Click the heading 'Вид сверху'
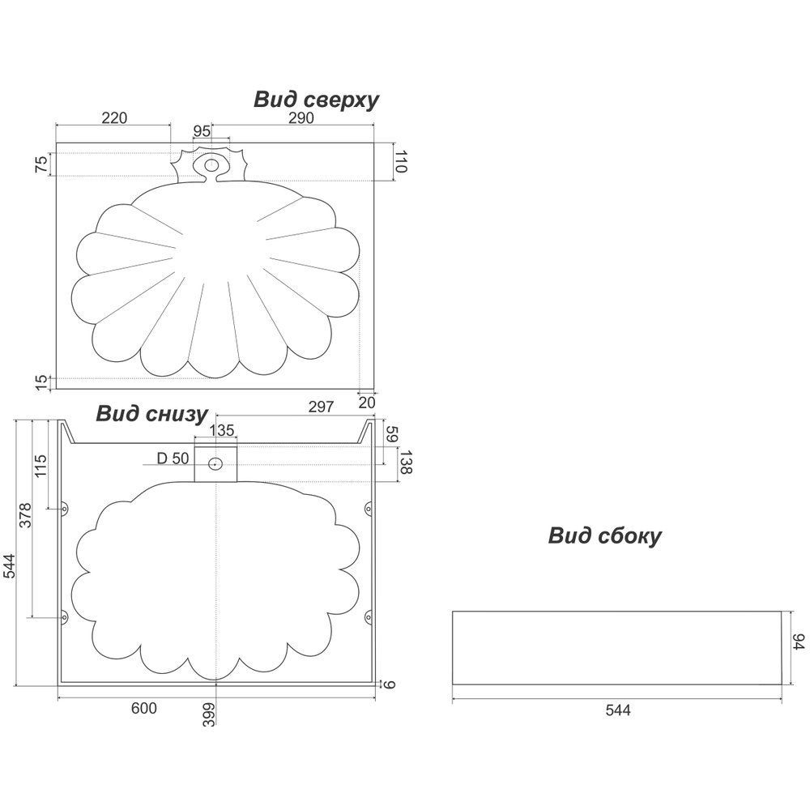coord(316,100)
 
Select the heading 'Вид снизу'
coord(152,414)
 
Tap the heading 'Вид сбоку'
coord(604,536)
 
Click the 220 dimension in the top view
coord(114,117)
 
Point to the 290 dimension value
coord(301,117)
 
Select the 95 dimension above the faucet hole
coord(202,131)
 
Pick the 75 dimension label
coord(41,164)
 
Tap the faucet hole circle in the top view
coord(211,165)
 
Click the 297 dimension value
coord(321,407)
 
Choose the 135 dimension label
coord(222,430)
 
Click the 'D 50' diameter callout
coord(173,458)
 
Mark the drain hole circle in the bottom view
coord(215,464)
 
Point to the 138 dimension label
coord(406,462)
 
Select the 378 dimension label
coord(25,515)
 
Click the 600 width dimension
coord(143,708)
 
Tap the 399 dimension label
coord(208,714)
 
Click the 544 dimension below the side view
coord(618,710)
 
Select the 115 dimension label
coord(40,466)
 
